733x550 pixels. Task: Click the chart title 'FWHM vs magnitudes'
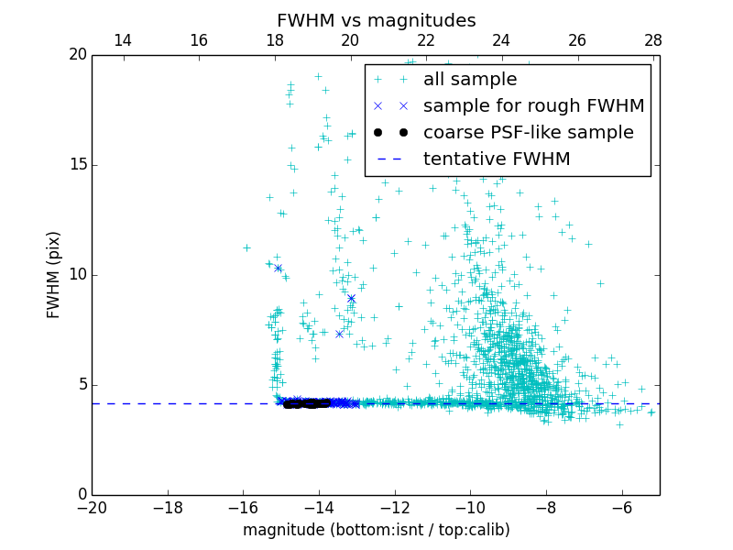pyautogui.click(x=376, y=20)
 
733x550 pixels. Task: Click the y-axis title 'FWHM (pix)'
pyautogui.click(x=53, y=274)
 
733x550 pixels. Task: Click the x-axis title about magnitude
pyautogui.click(x=376, y=530)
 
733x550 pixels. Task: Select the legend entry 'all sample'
pyautogui.click(x=470, y=80)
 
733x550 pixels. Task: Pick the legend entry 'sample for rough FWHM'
pyautogui.click(x=533, y=106)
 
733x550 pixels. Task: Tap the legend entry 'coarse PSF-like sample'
pyautogui.click(x=528, y=133)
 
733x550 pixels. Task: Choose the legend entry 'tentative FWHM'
pyautogui.click(x=497, y=159)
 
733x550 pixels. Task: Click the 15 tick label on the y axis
pyautogui.click(x=77, y=165)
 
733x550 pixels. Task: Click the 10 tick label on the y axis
pyautogui.click(x=77, y=275)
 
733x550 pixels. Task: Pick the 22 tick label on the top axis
pyautogui.click(x=426, y=40)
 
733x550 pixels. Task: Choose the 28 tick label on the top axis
pyautogui.click(x=653, y=40)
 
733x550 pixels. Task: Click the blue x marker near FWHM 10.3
pyautogui.click(x=278, y=268)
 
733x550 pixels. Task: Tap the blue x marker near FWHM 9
pyautogui.click(x=351, y=298)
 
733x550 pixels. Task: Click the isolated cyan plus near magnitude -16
pyautogui.click(x=246, y=247)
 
